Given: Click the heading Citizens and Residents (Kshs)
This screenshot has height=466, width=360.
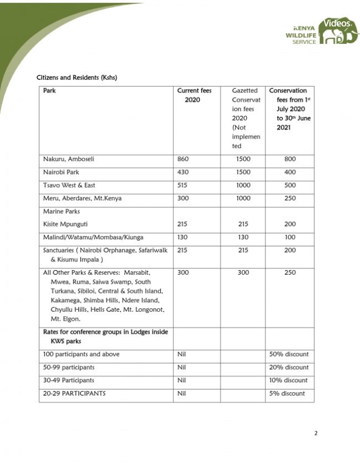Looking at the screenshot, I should [x=76, y=77].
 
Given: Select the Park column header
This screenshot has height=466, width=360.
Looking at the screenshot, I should [x=49, y=91].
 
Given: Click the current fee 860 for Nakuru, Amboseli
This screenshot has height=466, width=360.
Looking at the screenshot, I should [x=183, y=159].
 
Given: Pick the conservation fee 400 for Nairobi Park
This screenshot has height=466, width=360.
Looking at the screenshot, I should [x=290, y=172].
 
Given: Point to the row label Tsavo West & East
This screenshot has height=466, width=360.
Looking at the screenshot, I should [x=69, y=185].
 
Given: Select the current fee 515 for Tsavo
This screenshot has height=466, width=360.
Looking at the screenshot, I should [x=183, y=185].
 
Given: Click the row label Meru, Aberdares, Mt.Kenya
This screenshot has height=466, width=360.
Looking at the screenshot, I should [x=82, y=198].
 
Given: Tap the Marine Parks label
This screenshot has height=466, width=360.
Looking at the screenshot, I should [x=62, y=212].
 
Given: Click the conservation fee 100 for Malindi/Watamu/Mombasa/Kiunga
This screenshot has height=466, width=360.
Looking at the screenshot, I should [x=290, y=238].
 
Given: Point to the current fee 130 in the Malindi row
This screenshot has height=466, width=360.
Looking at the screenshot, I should [x=183, y=238].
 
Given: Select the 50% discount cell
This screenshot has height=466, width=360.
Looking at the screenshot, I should [x=289, y=355].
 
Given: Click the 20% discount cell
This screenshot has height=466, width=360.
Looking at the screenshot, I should [x=289, y=368].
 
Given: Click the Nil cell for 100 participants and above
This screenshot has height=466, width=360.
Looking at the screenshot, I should [x=182, y=355].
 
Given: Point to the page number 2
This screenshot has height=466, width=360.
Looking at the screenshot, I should [x=316, y=433].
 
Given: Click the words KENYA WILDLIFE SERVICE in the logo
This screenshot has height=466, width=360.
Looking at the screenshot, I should [x=301, y=35].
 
